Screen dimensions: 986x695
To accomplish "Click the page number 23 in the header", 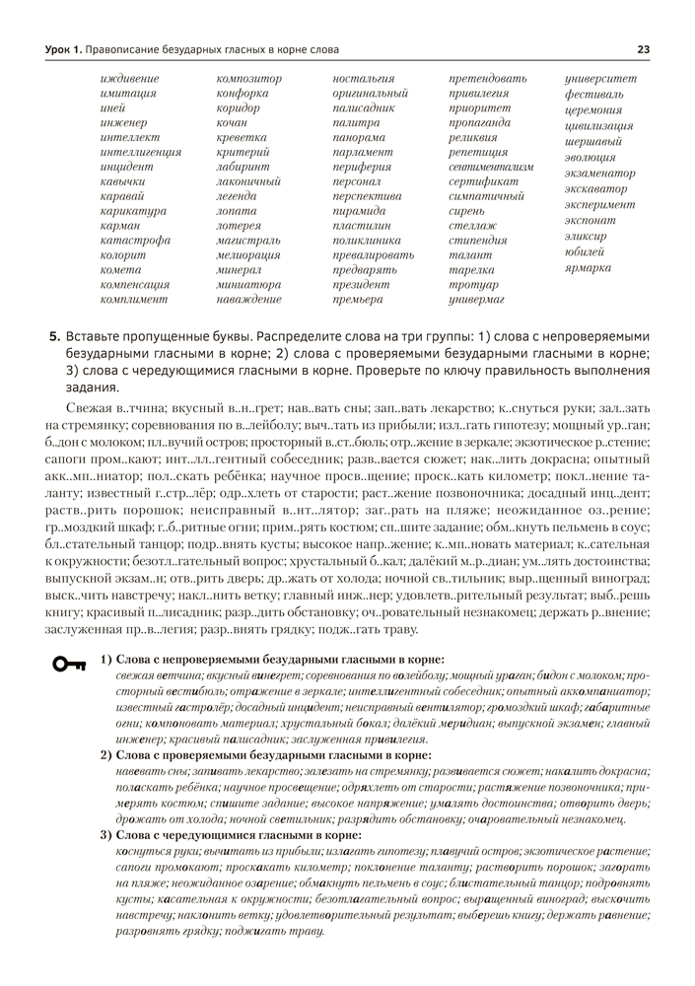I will tap(643, 49).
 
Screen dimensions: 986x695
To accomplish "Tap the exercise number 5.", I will tap(55, 336).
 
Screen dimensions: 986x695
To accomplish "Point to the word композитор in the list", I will tap(248, 78).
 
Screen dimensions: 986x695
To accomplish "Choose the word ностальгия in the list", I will tap(364, 78).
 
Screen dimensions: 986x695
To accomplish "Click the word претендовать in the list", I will tap(487, 78).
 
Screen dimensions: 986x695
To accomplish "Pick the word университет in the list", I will tap(600, 78).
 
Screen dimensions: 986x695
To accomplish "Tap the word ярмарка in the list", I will tap(589, 267).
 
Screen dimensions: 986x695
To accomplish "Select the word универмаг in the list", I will tap(476, 298).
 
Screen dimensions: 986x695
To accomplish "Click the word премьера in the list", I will tap(358, 298).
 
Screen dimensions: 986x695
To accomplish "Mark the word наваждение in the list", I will tap(248, 298).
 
